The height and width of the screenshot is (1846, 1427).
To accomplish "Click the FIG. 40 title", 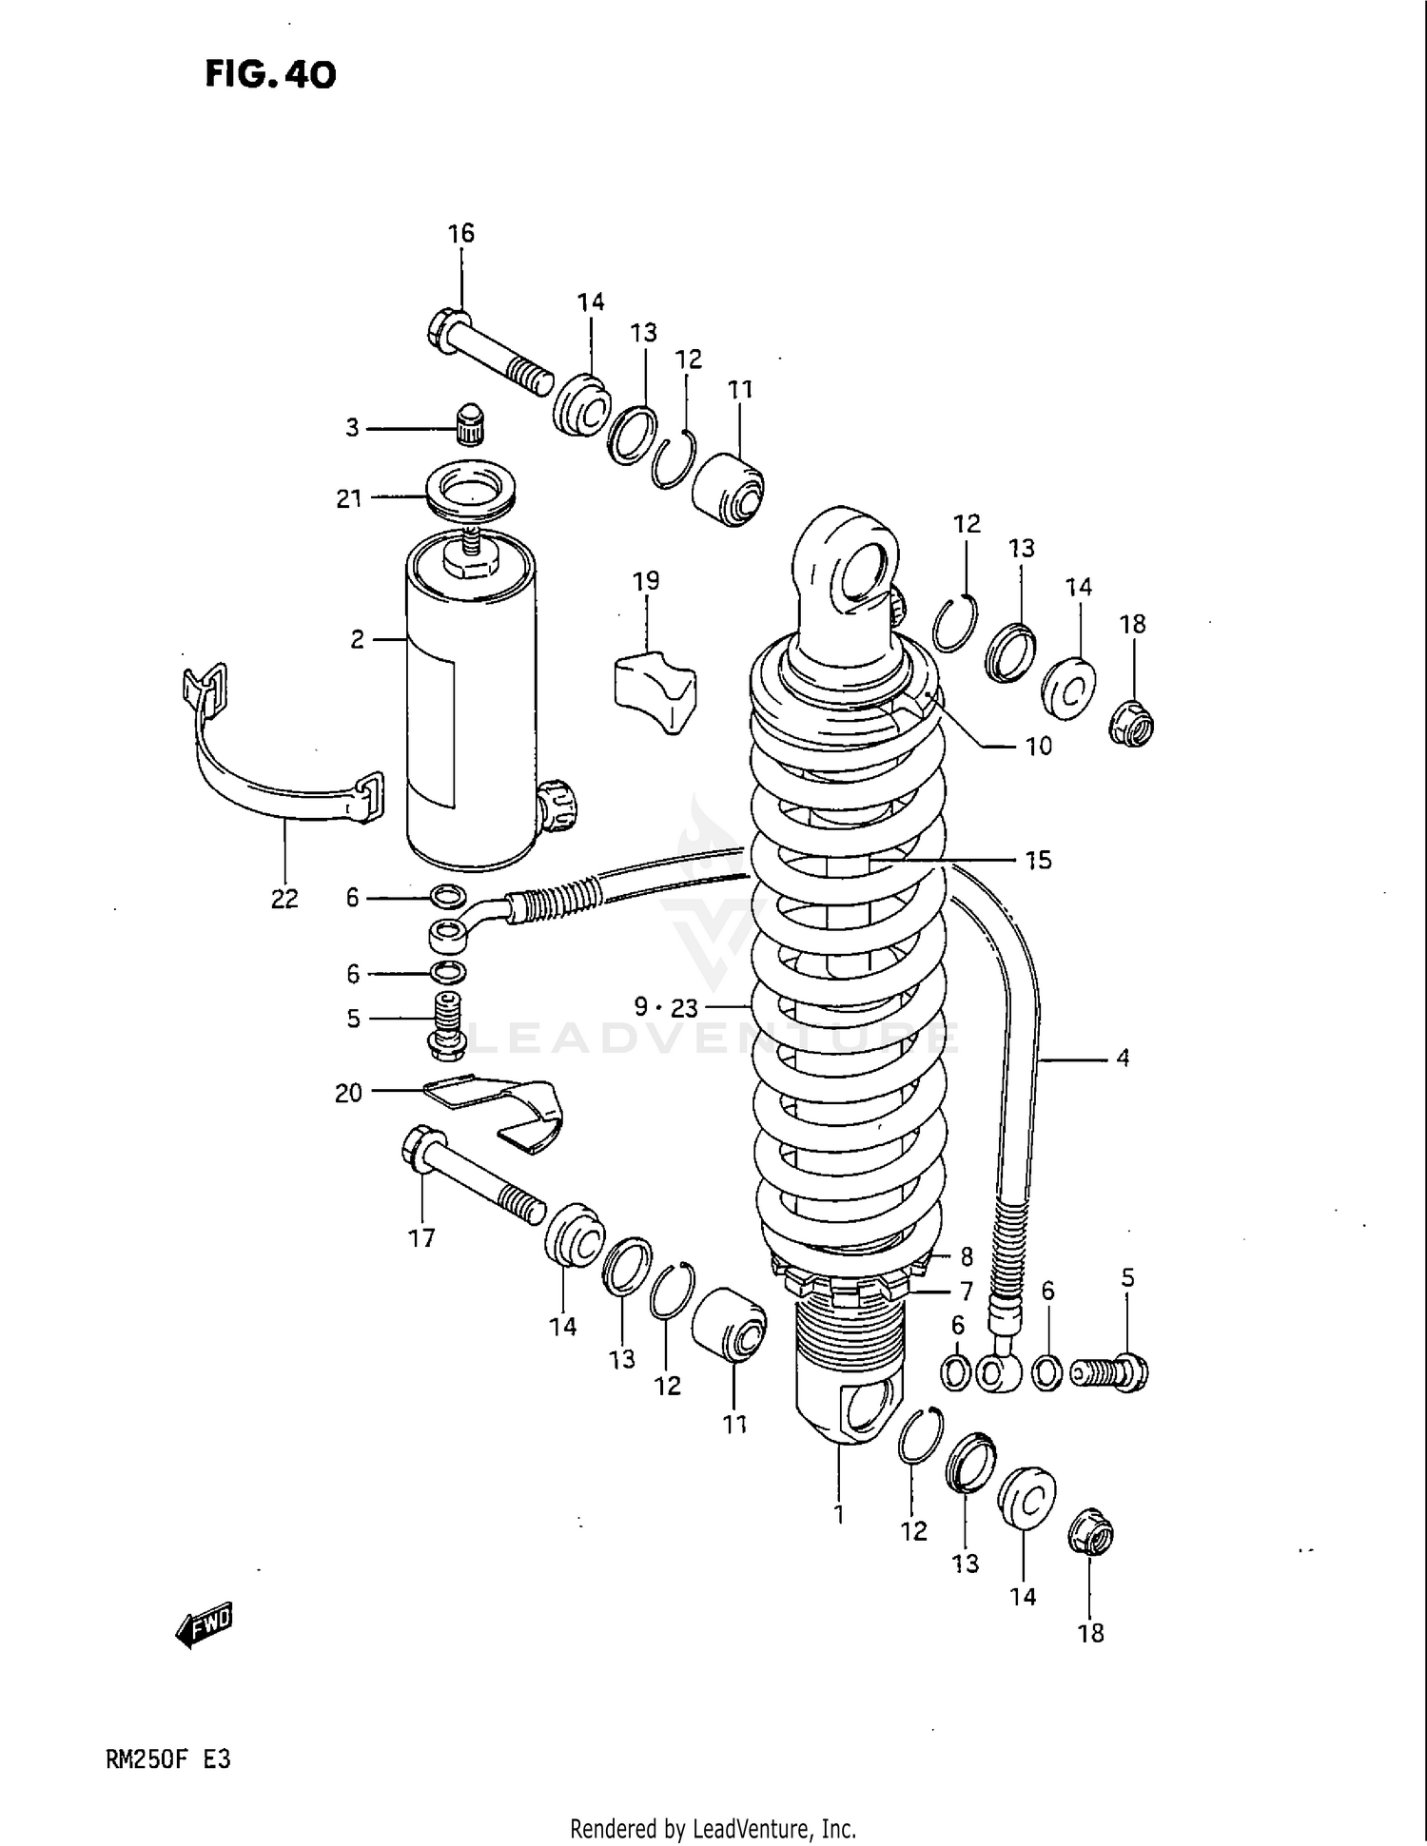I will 270,74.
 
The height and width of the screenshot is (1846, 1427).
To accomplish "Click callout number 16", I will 460,233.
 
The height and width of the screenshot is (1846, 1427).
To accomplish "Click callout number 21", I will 349,498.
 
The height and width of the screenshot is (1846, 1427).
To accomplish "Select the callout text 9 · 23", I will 666,1007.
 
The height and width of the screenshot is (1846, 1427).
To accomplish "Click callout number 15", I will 1038,860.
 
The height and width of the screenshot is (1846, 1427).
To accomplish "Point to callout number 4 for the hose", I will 1123,1058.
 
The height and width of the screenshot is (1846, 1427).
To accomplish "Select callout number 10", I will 1038,746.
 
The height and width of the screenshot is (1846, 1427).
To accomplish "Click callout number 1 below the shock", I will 839,1513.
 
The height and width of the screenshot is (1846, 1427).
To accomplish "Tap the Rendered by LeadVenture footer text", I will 713,1827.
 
